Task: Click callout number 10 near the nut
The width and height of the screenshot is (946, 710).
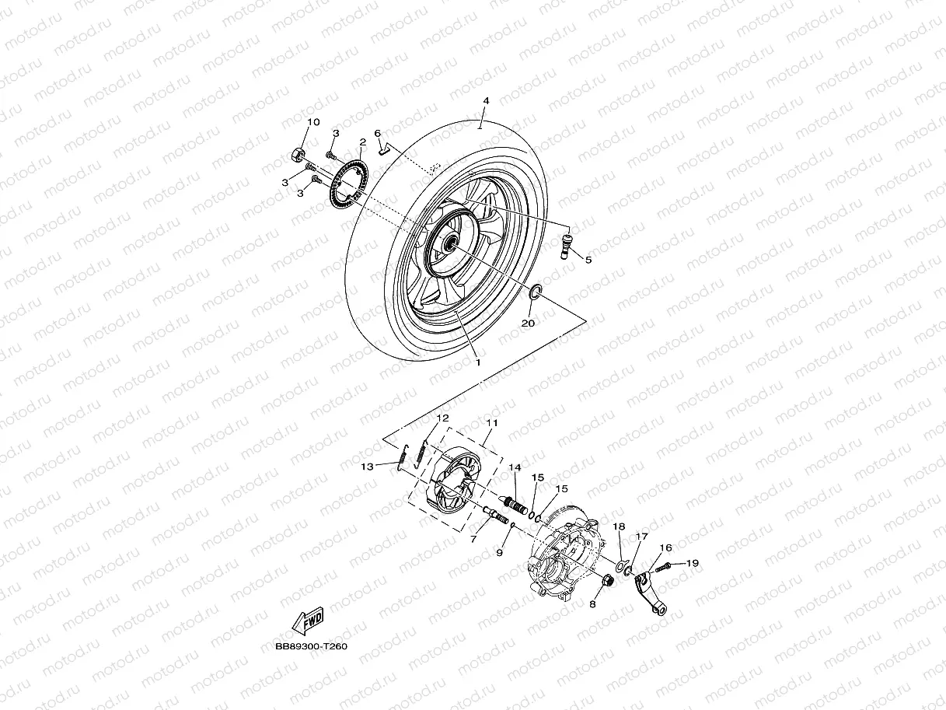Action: pyautogui.click(x=313, y=122)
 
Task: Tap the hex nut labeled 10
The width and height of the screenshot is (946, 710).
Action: pyautogui.click(x=297, y=152)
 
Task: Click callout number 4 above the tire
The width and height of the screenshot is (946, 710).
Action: pyautogui.click(x=485, y=101)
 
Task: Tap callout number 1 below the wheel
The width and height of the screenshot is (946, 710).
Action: pyautogui.click(x=478, y=362)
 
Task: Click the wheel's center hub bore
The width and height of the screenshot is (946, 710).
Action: pyautogui.click(x=449, y=245)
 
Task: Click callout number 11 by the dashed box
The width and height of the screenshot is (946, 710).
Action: pyautogui.click(x=491, y=423)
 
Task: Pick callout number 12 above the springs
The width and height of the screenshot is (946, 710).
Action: pyautogui.click(x=442, y=418)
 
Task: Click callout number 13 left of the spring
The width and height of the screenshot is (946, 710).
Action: pyautogui.click(x=368, y=466)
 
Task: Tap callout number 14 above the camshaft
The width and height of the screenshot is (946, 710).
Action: pyautogui.click(x=515, y=467)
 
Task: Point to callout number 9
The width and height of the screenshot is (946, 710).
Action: pyautogui.click(x=500, y=551)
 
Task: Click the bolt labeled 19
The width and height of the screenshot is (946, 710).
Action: pyautogui.click(x=663, y=568)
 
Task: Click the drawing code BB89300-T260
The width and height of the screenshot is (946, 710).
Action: pyautogui.click(x=311, y=646)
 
